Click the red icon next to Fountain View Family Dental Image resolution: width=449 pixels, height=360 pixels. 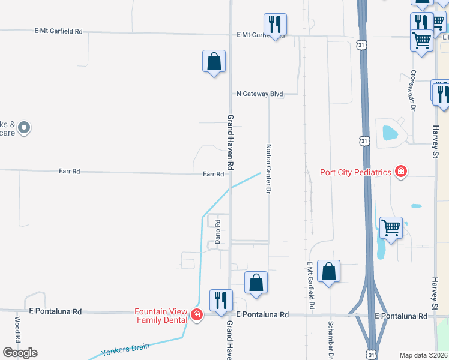(x=196, y=316)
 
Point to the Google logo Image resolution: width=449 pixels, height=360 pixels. (x=20, y=352)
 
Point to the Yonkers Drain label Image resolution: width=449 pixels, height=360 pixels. (x=124, y=350)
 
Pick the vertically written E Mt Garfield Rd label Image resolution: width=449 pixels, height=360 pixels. (x=312, y=285)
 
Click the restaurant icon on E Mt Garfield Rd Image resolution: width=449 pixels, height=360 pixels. (x=275, y=25)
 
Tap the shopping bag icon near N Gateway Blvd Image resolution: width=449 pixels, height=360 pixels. (x=214, y=61)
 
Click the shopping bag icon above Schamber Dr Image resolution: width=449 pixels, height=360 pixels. (x=329, y=271)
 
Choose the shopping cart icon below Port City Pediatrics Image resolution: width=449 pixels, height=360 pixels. (x=391, y=228)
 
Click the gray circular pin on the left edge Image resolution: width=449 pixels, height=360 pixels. (x=24, y=127)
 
